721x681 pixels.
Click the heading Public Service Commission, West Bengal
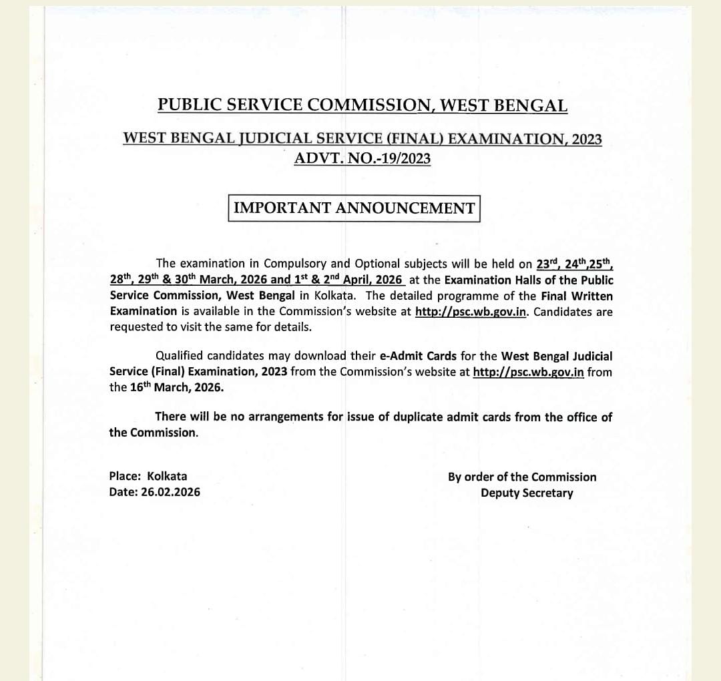point(363,105)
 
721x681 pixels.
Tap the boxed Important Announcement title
point(354,208)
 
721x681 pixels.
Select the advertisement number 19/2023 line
point(363,158)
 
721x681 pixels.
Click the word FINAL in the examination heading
point(413,140)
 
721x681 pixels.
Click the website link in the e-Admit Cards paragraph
point(528,372)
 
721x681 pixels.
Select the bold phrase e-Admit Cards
point(418,356)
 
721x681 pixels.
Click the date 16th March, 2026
point(176,387)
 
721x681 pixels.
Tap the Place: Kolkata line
point(148,476)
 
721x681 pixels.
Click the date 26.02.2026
point(170,492)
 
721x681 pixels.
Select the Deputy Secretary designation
point(527,493)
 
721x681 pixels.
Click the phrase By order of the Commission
point(522,477)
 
